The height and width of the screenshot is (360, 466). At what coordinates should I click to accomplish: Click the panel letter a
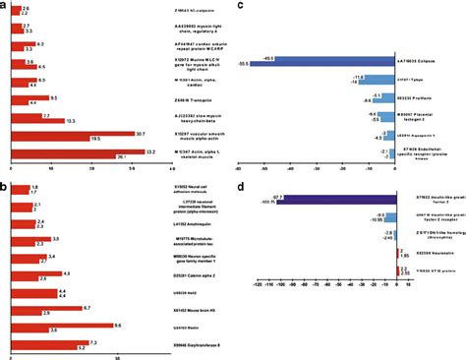click(x=4, y=5)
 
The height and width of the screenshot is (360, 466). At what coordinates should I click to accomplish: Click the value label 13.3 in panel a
click(x=72, y=121)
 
